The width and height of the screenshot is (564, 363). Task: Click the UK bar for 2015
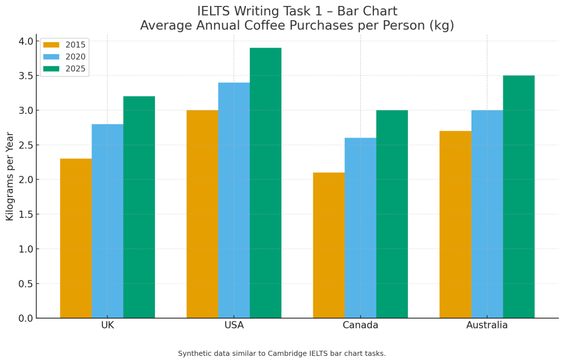pyautogui.click(x=76, y=238)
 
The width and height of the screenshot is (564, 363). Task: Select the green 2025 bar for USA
pyautogui.click(x=266, y=183)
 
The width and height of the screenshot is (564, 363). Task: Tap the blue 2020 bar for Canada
pyautogui.click(x=360, y=228)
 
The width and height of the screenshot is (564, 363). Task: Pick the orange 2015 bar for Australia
pyautogui.click(x=455, y=224)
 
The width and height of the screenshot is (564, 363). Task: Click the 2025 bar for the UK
pyautogui.click(x=139, y=207)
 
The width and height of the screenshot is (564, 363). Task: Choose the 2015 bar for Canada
pyautogui.click(x=329, y=245)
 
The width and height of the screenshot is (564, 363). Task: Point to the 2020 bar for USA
pyautogui.click(x=234, y=200)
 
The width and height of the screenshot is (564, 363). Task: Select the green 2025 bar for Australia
pyautogui.click(x=519, y=197)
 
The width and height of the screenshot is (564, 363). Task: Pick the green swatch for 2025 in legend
pyautogui.click(x=51, y=69)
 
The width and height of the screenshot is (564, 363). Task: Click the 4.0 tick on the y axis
pyautogui.click(x=25, y=41)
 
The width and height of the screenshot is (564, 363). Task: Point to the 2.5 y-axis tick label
pyautogui.click(x=25, y=145)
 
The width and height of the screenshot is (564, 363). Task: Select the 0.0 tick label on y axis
pyautogui.click(x=25, y=318)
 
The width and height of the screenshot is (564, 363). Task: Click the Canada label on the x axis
pyautogui.click(x=360, y=325)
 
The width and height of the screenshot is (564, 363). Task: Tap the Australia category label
pyautogui.click(x=487, y=325)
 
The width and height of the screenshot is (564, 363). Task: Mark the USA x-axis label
pyautogui.click(x=234, y=325)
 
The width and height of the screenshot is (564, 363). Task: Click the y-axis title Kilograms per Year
pyautogui.click(x=10, y=176)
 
